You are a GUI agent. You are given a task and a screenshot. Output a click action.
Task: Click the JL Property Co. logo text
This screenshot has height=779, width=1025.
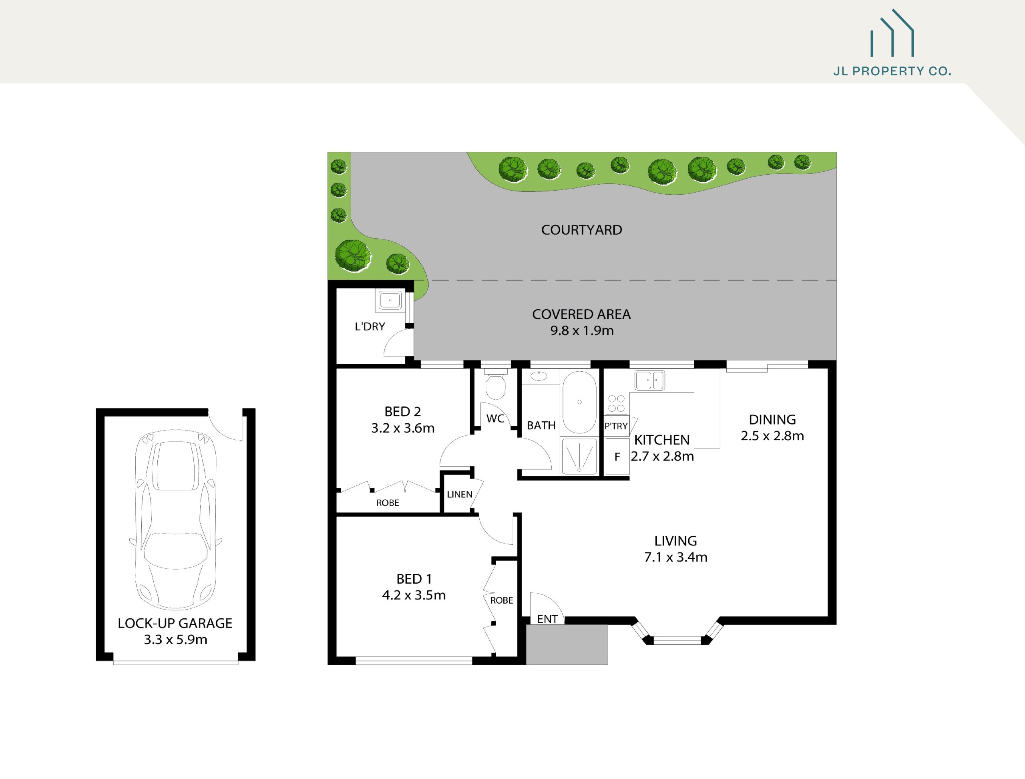coord(892,71)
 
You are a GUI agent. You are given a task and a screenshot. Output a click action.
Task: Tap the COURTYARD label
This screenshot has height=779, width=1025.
coord(581,230)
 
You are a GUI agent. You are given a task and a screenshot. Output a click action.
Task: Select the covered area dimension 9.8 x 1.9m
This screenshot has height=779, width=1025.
coord(582,330)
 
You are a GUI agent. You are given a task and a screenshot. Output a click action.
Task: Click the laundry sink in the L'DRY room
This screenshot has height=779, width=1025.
coord(390,300)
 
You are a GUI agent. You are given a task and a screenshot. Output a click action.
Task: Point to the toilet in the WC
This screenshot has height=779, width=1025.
coord(495,384)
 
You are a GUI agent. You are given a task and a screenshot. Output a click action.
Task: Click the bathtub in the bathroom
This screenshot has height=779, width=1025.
coord(579,402)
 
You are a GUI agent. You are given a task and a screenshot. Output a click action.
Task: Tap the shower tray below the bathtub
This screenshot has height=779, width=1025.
coord(579,457)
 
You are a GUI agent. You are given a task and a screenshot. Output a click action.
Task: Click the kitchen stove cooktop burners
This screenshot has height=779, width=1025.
coord(616,403)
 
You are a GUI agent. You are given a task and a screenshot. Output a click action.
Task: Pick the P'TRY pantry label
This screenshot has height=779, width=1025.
coord(616,426)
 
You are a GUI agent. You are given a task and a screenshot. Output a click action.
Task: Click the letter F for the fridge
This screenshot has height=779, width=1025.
coord(617,457)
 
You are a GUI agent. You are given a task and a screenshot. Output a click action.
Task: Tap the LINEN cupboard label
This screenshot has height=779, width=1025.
coord(459,494)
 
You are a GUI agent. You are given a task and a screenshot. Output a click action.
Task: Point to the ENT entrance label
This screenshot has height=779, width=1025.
coord(547,619)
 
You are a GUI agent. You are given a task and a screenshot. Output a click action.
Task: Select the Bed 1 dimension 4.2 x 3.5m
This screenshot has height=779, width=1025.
coord(414,595)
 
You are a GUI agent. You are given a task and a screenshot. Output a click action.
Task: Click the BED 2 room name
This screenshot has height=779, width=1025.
coord(402,411)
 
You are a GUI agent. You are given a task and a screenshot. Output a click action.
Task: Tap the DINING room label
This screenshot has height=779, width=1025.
coord(772,420)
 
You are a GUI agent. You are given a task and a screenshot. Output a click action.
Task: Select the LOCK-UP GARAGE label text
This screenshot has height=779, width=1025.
coord(175,623)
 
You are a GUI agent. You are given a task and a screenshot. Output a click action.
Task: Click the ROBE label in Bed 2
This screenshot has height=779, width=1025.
coord(388,503)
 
